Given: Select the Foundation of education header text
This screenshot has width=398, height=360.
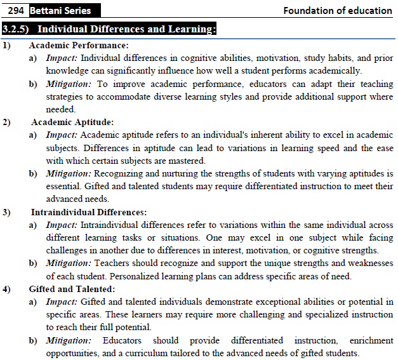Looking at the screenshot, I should coord(337,10).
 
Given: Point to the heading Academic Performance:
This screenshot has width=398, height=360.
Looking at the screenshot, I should coord(79,46).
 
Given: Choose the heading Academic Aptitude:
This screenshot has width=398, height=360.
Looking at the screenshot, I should coord(72,122).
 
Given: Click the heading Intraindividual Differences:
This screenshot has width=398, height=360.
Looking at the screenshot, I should coord(89,212).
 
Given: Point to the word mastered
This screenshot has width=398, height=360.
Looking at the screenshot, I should coord(185,161).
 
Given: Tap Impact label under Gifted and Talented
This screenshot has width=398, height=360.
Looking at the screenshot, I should coord(62,302).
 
